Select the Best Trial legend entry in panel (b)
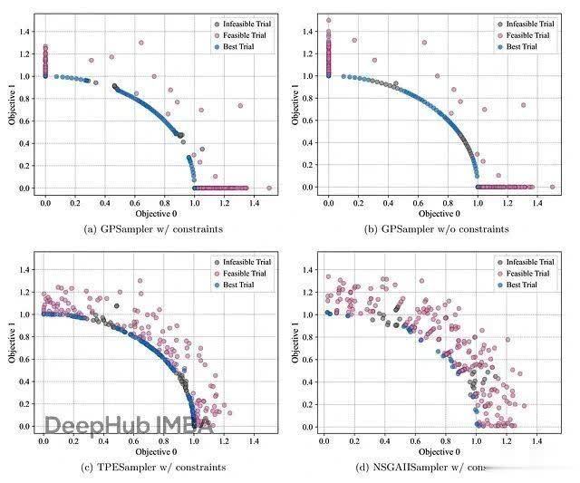pos(519,46)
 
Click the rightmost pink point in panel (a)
pos(269,188)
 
